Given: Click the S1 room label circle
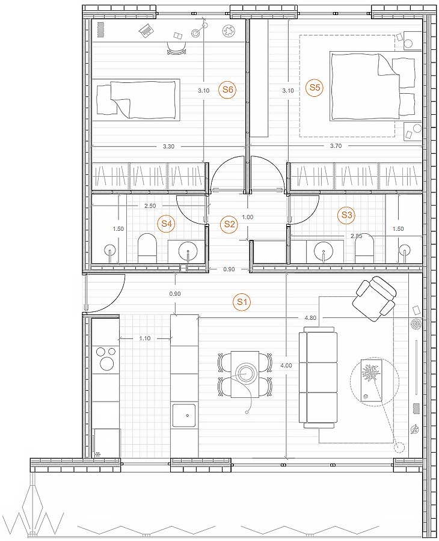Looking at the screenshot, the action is pyautogui.click(x=242, y=302).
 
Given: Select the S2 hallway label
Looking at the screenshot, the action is pyautogui.click(x=229, y=224).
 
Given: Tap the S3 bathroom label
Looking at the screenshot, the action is pyautogui.click(x=346, y=215).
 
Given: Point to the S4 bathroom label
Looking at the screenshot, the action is pyautogui.click(x=167, y=224).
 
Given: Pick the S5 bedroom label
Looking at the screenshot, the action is pyautogui.click(x=315, y=87).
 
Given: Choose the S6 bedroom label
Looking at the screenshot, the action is pyautogui.click(x=228, y=90).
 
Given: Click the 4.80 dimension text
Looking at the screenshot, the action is pyautogui.click(x=310, y=318).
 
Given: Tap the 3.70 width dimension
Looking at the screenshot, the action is pyautogui.click(x=336, y=146).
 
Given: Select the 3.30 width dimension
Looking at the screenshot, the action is pyautogui.click(x=168, y=146).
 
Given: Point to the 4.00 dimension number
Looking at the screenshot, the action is pyautogui.click(x=286, y=365).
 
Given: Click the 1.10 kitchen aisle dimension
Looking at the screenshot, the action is pyautogui.click(x=145, y=338).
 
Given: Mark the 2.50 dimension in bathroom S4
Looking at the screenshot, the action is pyautogui.click(x=150, y=206).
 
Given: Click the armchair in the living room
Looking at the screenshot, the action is pyautogui.click(x=374, y=298).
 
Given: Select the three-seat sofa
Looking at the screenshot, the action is pyautogui.click(x=318, y=377).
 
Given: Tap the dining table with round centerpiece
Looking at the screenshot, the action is pyautogui.click(x=245, y=374).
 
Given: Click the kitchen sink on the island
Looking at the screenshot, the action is pyautogui.click(x=184, y=415).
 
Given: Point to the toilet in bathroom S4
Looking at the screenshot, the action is pyautogui.click(x=147, y=248).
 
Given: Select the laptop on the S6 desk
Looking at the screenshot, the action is pyautogui.click(x=147, y=31).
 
